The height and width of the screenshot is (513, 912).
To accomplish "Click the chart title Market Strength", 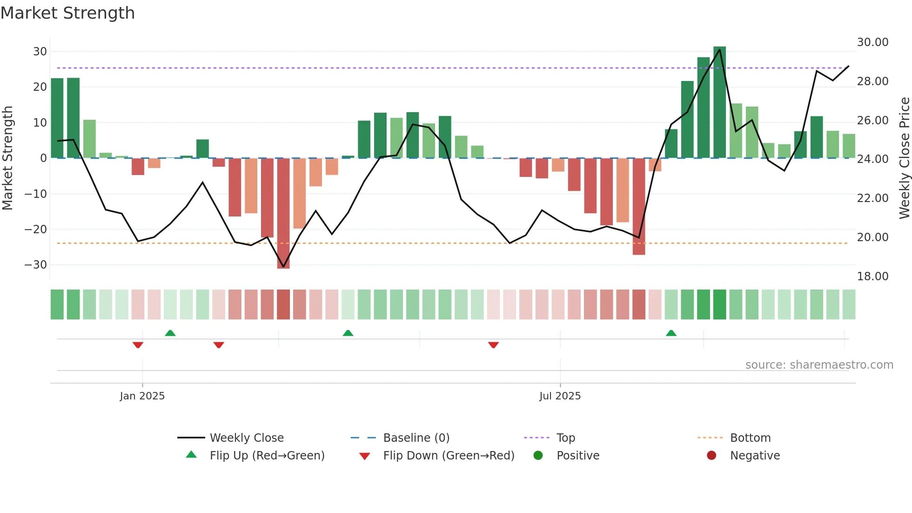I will pos(67,13).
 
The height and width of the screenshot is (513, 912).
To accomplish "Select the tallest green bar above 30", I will pos(719,102).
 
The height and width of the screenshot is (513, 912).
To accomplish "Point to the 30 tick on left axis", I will pos(40,52).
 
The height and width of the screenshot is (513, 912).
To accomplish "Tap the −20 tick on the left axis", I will pos(36,229).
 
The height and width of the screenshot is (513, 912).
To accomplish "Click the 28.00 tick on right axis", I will pos(872,81).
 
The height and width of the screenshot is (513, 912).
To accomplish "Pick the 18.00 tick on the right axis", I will pos(872,277).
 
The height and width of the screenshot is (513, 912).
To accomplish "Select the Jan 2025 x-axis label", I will pos(142,396).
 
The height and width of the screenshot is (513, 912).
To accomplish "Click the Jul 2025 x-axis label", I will pos(560,396).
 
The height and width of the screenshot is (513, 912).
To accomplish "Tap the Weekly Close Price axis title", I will pos(904,158).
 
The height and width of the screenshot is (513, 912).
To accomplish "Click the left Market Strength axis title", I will pos(7,158).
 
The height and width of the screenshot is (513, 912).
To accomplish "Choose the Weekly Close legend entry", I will pos(246,438).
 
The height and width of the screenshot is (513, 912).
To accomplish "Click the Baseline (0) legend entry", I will pos(416,438).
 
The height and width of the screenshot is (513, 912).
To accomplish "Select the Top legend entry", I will pos(565,438).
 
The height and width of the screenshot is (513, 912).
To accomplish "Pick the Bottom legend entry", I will pos(750,438).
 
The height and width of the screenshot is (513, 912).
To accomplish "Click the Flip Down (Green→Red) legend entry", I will pos(448,456).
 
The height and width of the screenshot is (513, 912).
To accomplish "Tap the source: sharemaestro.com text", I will pos(819,365).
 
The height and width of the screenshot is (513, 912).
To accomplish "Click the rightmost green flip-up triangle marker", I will pos(671,333).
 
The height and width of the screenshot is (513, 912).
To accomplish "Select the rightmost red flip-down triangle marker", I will pos(493,345).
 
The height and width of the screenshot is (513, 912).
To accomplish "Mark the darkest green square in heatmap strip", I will pos(719,304).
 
